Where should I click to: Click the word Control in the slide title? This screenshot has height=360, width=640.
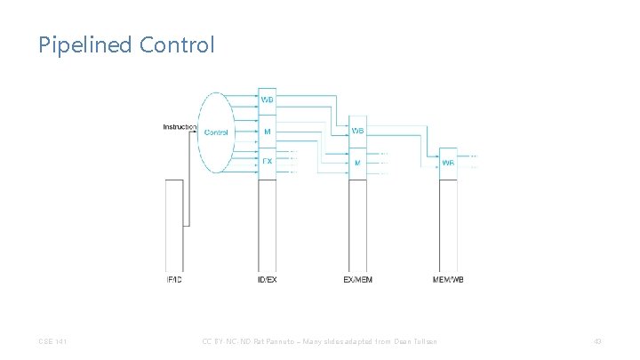click(x=177, y=44)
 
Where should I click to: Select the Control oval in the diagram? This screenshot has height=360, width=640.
click(x=217, y=132)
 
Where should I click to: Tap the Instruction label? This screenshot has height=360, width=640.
click(x=179, y=127)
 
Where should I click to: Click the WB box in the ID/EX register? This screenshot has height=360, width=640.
click(x=268, y=99)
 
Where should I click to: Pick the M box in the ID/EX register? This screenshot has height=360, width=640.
click(x=268, y=132)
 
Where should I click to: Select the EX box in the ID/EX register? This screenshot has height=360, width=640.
click(x=268, y=162)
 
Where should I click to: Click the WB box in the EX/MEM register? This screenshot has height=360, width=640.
click(x=358, y=131)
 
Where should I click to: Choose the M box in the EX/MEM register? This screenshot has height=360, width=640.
click(x=358, y=163)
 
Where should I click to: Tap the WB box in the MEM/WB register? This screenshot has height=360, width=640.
click(x=449, y=163)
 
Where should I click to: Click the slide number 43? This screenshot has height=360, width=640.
click(x=597, y=342)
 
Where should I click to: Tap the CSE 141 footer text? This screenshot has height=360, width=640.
click(x=52, y=342)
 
